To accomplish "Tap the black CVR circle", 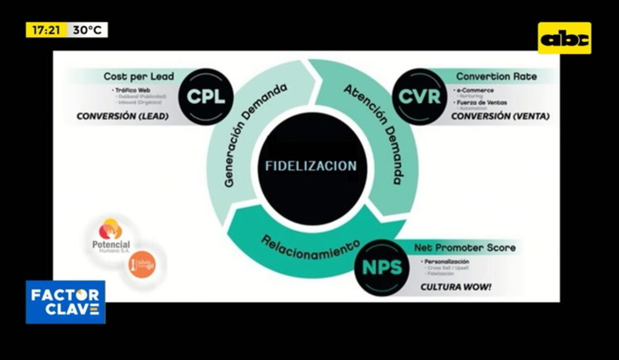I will tap(419, 97).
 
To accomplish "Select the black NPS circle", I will tap(382, 267).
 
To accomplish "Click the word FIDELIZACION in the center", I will tap(311, 166).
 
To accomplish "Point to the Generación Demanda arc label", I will tap(256, 136).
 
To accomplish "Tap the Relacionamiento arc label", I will tap(311, 247).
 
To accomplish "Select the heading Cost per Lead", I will tap(138, 77).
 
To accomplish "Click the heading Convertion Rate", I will tap(496, 77).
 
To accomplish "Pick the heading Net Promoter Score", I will tap(465, 248).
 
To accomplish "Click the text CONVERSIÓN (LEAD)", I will tap(123, 116).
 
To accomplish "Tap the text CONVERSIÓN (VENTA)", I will tap(500, 116).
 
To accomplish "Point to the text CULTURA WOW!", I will tap(456, 287).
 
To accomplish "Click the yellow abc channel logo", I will tap(564, 38).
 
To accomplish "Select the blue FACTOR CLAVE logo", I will tap(65, 302).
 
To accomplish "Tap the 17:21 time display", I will tap(46, 30).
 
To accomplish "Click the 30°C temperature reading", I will tap(87, 30).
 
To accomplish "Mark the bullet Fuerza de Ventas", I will tap(480, 103).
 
